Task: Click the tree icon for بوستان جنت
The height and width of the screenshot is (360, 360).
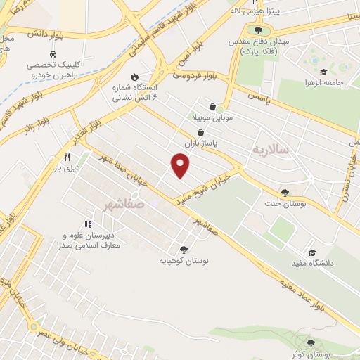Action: (284, 193)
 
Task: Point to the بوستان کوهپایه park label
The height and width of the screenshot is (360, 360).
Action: (184, 260)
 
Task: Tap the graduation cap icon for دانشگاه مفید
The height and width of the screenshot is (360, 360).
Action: (311, 252)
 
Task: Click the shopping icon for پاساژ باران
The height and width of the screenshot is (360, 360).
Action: (201, 131)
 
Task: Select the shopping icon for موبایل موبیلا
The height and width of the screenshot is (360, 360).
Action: (212, 106)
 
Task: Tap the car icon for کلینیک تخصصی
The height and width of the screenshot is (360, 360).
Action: (53, 54)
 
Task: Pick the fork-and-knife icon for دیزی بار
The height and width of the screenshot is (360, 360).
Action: (67, 157)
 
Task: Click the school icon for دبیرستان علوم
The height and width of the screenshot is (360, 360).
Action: (88, 224)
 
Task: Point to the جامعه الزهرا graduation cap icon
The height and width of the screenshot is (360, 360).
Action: (323, 72)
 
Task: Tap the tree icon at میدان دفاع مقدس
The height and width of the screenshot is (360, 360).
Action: (259, 30)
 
